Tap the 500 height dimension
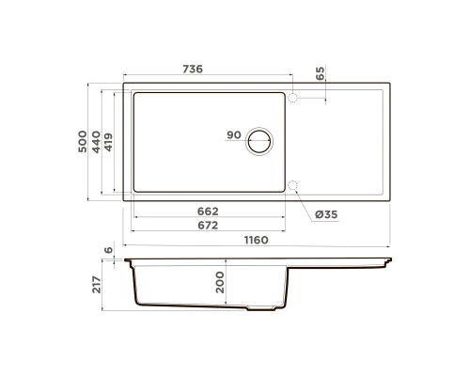[x=82, y=142]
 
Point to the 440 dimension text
[x=96, y=142]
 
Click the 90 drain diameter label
[x=234, y=135]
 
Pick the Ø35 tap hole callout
[x=326, y=215]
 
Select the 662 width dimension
[x=208, y=211]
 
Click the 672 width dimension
[x=208, y=226]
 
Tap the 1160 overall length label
[x=256, y=241]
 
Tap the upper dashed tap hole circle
[x=293, y=98]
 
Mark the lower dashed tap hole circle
[x=293, y=185]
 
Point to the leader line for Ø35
[x=305, y=200]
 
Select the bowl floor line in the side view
[x=188, y=305]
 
